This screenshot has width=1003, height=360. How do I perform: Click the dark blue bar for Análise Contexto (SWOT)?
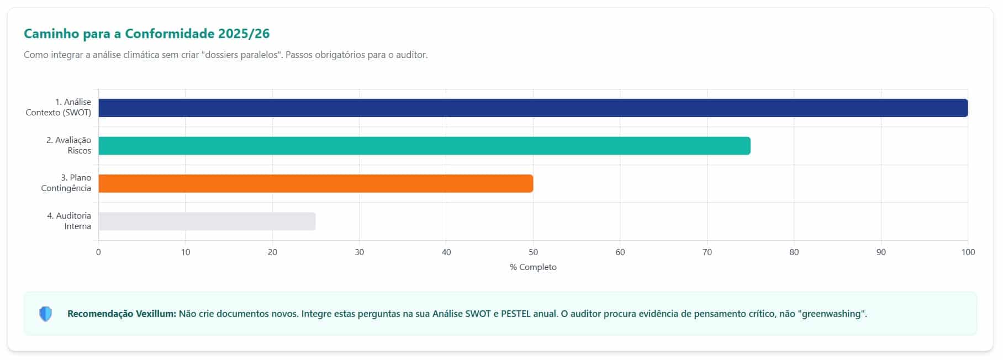click(x=533, y=108)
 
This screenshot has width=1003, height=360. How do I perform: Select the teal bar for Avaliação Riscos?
click(x=424, y=146)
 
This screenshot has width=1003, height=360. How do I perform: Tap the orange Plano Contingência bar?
click(x=315, y=183)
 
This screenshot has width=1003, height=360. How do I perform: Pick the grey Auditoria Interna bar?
click(x=207, y=221)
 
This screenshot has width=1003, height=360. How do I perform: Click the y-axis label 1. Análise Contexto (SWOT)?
click(x=59, y=107)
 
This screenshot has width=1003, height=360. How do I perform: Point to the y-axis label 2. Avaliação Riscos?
click(x=68, y=145)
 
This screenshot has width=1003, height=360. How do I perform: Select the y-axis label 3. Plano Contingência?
click(x=66, y=183)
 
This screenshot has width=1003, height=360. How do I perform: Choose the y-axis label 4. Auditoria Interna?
click(x=69, y=221)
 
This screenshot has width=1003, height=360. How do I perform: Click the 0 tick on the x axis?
click(x=98, y=252)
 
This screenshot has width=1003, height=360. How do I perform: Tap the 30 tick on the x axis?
click(x=360, y=252)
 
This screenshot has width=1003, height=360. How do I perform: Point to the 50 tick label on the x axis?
click(x=533, y=252)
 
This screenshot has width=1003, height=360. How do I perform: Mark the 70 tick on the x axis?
click(x=707, y=252)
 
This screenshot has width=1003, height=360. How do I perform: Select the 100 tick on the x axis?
click(x=968, y=252)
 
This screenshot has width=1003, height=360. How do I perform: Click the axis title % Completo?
click(x=533, y=267)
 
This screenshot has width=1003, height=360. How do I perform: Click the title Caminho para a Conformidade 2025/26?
click(x=147, y=34)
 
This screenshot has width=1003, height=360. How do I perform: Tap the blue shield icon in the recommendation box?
click(x=46, y=314)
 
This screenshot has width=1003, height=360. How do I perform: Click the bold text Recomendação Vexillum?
click(x=122, y=314)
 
